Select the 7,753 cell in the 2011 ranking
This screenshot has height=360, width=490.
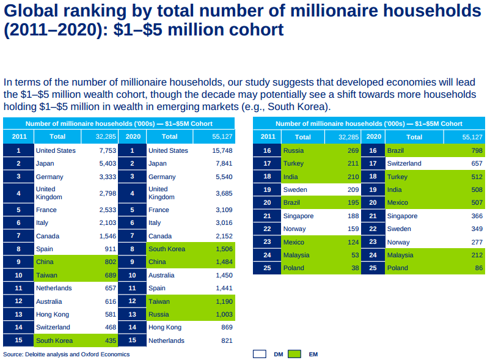pyautogui.click(x=108, y=150)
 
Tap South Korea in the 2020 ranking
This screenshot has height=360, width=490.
pyautogui.click(x=167, y=249)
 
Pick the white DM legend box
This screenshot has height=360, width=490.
pyautogui.click(x=259, y=353)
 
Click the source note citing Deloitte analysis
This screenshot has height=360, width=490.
pyautogui.click(x=67, y=354)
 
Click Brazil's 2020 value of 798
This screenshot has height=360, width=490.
pyautogui.click(x=477, y=150)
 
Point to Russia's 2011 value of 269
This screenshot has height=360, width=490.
pyautogui.click(x=353, y=150)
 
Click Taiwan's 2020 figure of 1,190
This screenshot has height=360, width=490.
pyautogui.click(x=224, y=301)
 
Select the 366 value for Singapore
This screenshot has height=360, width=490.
pyautogui.click(x=477, y=216)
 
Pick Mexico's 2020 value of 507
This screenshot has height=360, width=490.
pyautogui.click(x=477, y=202)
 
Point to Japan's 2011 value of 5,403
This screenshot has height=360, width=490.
pyautogui.click(x=108, y=163)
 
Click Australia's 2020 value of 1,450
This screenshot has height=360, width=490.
pyautogui.click(x=224, y=275)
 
